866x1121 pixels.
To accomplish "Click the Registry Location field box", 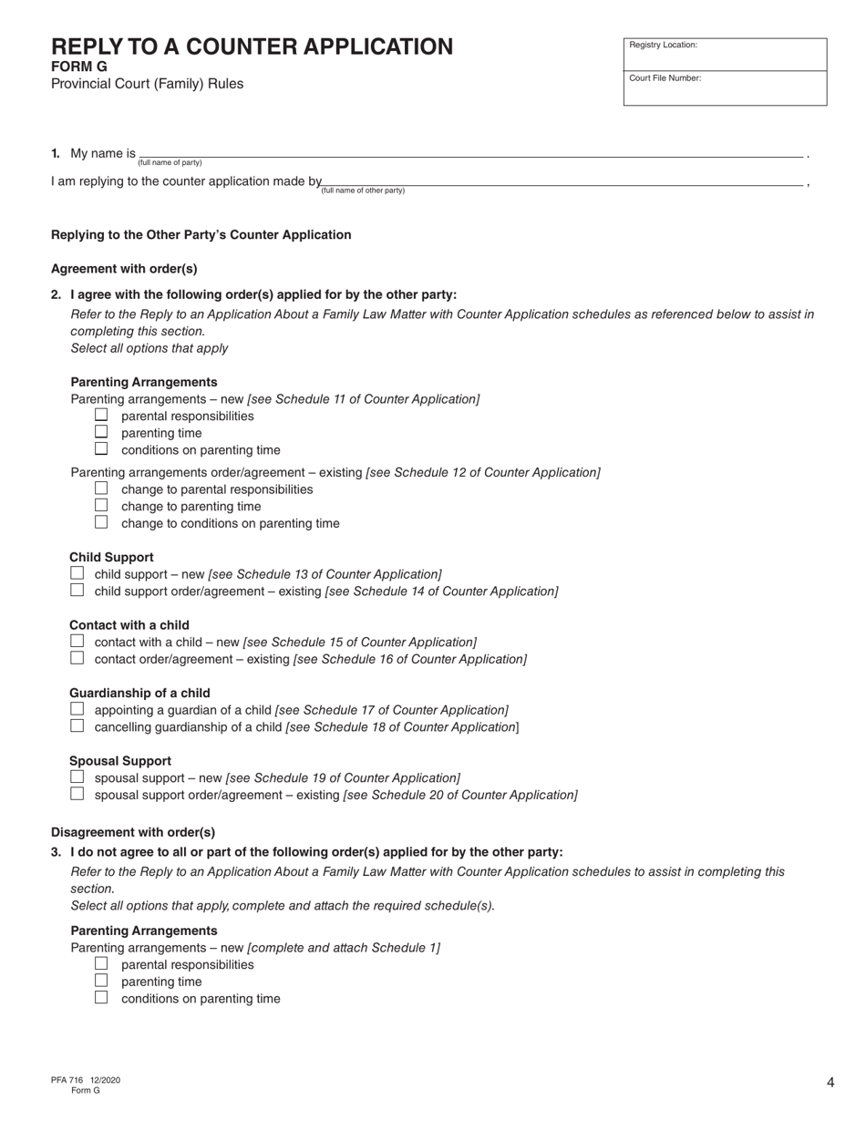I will pyautogui.click(x=725, y=54).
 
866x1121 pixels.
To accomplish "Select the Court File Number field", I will pyautogui.click(x=725, y=87).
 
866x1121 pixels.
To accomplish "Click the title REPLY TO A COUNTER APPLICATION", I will pyautogui.click(x=252, y=47).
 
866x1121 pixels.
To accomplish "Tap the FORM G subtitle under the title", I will pyautogui.click(x=79, y=67).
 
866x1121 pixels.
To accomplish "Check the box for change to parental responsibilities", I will pyautogui.click(x=101, y=489).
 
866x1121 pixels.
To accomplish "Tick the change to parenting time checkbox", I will pyautogui.click(x=101, y=505).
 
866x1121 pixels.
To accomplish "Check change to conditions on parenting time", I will pyautogui.click(x=101, y=522).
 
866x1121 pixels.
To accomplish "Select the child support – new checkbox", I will pyautogui.click(x=77, y=573).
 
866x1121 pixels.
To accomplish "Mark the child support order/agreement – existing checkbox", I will pyautogui.click(x=77, y=590).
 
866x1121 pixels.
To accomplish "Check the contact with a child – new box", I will pyautogui.click(x=77, y=641).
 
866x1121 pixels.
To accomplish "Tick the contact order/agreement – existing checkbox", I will pyautogui.click(x=77, y=657).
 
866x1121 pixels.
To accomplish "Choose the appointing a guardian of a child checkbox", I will pyautogui.click(x=77, y=709).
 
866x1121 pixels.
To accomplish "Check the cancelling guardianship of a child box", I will pyautogui.click(x=77, y=725).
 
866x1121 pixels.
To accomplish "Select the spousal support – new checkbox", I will pyautogui.click(x=77, y=776).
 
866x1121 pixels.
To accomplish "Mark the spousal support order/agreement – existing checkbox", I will pyautogui.click(x=77, y=793).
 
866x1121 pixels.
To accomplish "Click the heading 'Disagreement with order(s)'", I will pyautogui.click(x=133, y=832).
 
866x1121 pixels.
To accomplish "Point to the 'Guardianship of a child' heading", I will pyautogui.click(x=139, y=693).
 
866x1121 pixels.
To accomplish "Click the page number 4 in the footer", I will pyautogui.click(x=830, y=1083).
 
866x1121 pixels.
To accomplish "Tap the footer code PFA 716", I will pyautogui.click(x=67, y=1080).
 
